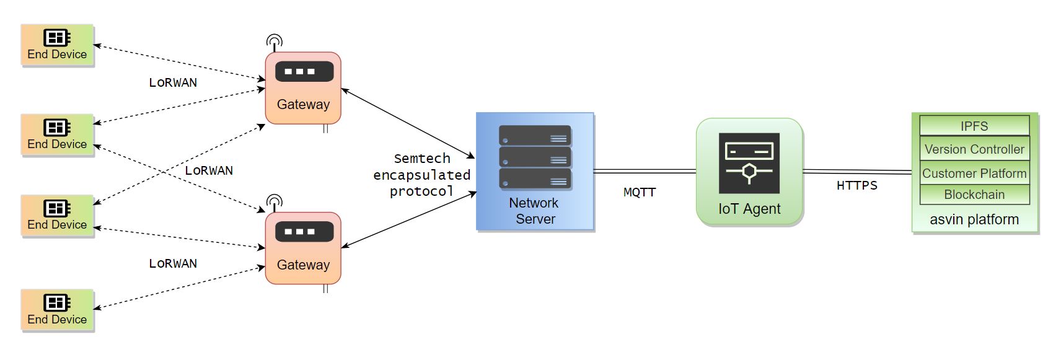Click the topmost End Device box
tap(57, 45)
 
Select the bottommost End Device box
tap(57, 310)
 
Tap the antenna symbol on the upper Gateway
tap(275, 42)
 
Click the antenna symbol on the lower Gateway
tap(275, 202)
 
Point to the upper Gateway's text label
tap(303, 104)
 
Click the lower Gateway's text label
tap(303, 265)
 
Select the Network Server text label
tap(534, 211)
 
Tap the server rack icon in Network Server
tap(535, 157)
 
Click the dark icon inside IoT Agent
tap(749, 163)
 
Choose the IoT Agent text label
tap(749, 209)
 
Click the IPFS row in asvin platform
tap(974, 126)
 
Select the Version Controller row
tap(974, 149)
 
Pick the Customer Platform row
tap(974, 173)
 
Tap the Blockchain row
tap(974, 194)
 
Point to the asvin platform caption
tap(974, 219)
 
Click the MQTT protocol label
tap(640, 192)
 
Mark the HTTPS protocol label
tap(857, 185)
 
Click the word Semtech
tap(422, 158)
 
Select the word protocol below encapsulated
tap(421, 191)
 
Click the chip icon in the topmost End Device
tap(57, 37)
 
